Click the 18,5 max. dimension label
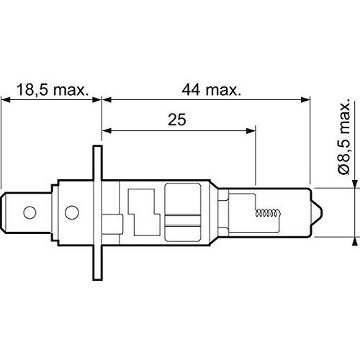pyautogui.click(x=53, y=90)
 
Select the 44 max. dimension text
pyautogui.click(x=211, y=90)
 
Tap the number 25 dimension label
pyautogui.click(x=177, y=120)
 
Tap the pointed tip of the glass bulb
pyautogui.click(x=322, y=212)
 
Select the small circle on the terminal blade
pyautogui.click(x=30, y=212)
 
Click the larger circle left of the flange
pyautogui.click(x=71, y=212)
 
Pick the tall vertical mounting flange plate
pyautogui.click(x=97, y=212)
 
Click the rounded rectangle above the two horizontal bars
pyautogui.click(x=183, y=199)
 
